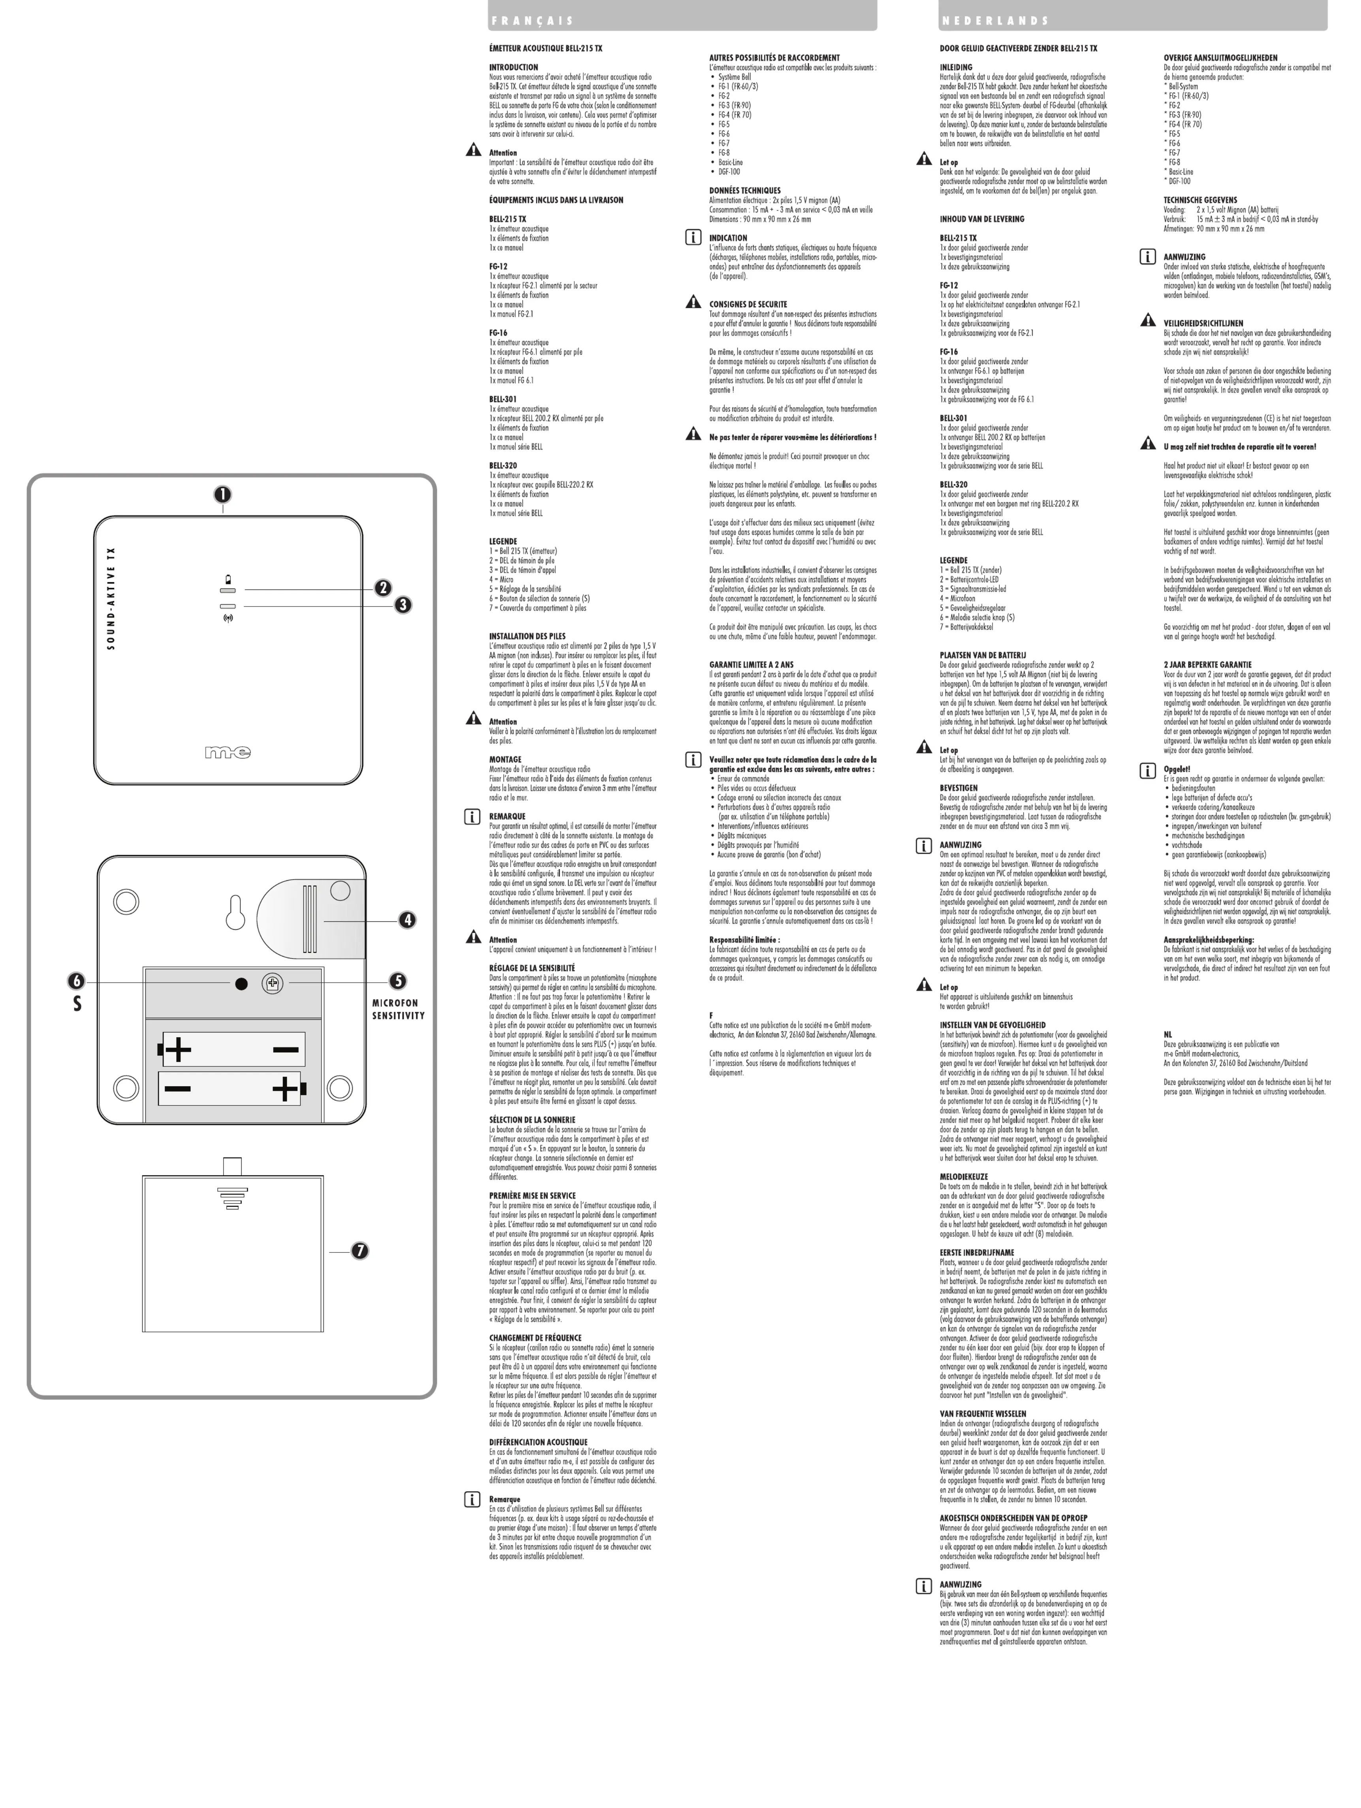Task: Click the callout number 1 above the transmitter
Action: [222, 495]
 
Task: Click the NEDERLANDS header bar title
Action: [994, 21]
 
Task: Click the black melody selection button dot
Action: [241, 984]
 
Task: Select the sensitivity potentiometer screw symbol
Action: [273, 984]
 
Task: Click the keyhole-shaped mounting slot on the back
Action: [235, 912]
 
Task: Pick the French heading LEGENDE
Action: [503, 541]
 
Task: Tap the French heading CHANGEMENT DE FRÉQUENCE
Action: [535, 1338]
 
